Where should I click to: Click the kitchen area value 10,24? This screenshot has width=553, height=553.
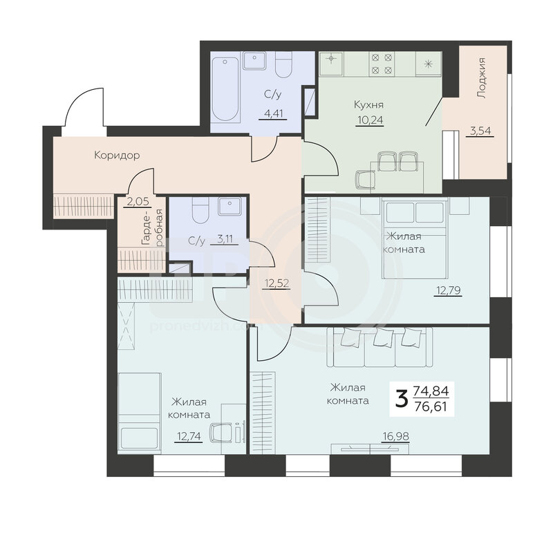(370, 120)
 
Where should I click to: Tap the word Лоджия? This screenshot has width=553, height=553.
(480, 77)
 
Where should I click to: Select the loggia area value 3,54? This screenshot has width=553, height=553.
(480, 131)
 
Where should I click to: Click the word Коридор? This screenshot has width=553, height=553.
(117, 155)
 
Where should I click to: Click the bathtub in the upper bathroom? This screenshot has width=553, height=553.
(226, 90)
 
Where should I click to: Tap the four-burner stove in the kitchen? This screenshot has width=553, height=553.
(382, 64)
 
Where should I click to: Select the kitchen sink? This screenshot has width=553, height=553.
(331, 63)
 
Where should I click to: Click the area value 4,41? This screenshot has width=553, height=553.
(272, 113)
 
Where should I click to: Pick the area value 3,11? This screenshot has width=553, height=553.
(225, 239)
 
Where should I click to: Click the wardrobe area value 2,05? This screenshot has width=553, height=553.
(138, 202)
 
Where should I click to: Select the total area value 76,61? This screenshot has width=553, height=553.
(431, 407)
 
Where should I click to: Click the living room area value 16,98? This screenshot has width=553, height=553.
(395, 437)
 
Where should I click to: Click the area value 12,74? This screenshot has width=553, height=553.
(189, 437)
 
